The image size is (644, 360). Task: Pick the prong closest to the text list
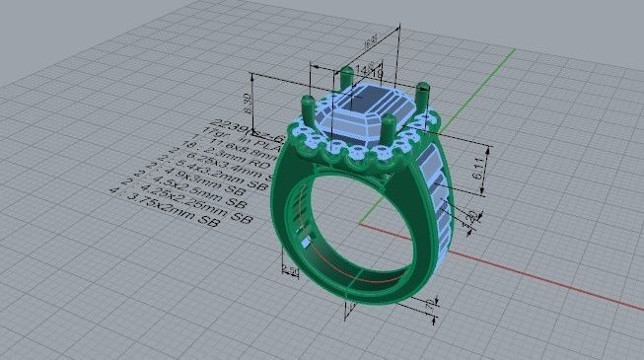click(x=305, y=109)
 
